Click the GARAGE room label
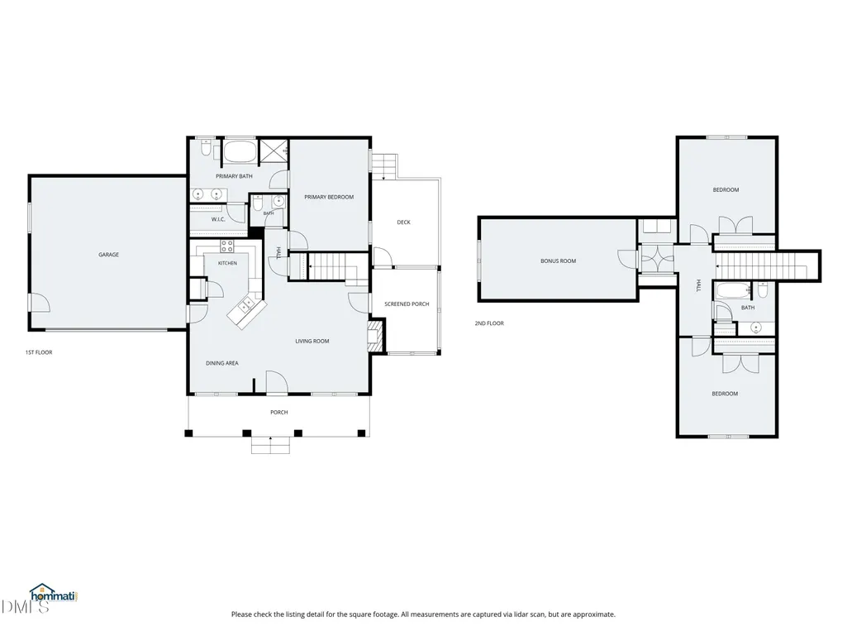click(x=108, y=255)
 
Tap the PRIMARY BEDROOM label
click(x=329, y=197)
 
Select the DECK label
click(x=403, y=222)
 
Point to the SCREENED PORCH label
click(x=407, y=304)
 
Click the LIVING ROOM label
click(x=312, y=342)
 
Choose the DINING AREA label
click(x=222, y=363)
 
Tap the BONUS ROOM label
click(x=559, y=261)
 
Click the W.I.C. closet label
click(x=218, y=219)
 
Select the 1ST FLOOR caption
click(x=39, y=352)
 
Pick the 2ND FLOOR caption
click(x=489, y=323)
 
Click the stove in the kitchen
click(x=227, y=246)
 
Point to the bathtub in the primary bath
click(x=239, y=152)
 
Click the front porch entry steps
click(x=271, y=445)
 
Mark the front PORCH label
click(x=279, y=413)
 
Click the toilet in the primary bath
click(x=206, y=148)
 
